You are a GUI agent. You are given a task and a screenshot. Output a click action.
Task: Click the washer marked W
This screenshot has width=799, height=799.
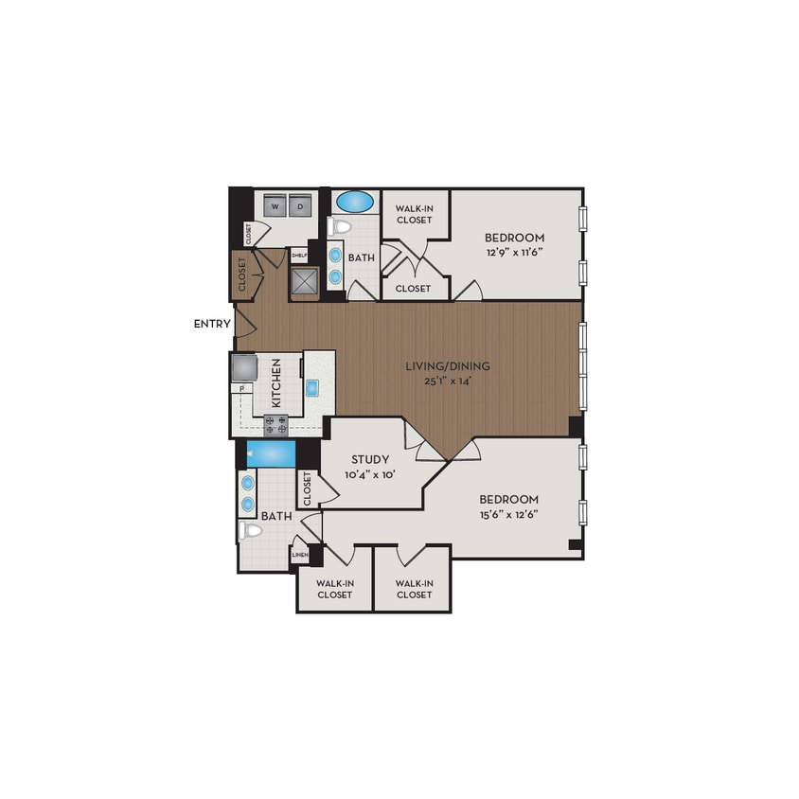coord(275,205)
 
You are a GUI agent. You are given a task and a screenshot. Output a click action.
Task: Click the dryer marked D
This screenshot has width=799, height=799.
coord(299,205)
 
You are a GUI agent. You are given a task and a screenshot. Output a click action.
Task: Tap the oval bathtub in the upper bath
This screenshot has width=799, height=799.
coord(355,201)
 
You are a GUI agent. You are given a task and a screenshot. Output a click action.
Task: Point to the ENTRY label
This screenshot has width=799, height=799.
coord(212,324)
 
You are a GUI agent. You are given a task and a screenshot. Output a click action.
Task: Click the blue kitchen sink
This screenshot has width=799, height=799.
coord(311,386)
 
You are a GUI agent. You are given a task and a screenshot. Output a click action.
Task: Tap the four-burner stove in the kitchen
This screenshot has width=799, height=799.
coord(275,424)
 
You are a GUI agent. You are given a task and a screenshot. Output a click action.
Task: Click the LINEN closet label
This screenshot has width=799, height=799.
coord(300,555)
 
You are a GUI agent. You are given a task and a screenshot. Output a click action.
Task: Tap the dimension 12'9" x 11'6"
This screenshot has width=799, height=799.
coord(514,253)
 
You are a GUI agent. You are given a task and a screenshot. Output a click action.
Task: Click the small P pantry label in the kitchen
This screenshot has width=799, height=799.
coord(242,388)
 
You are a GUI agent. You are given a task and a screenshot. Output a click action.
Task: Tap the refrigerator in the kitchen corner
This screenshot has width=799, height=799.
coord(243,365)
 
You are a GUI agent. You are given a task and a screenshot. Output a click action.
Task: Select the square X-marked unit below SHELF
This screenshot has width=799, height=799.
coord(306,281)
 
